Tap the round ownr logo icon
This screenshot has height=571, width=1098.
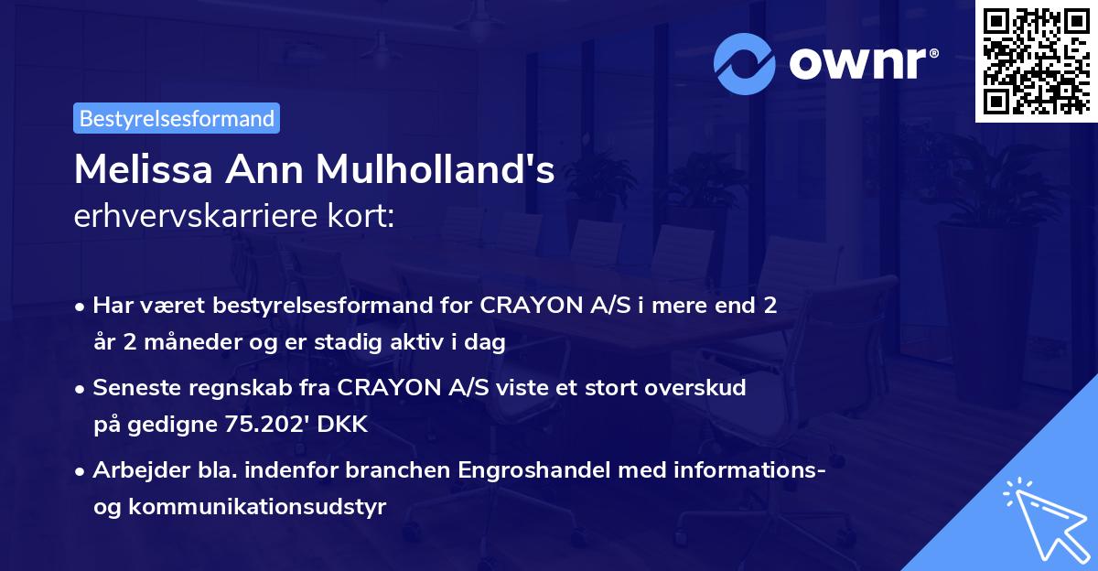tap(745, 63)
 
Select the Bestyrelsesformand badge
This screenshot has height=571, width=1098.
tap(177, 118)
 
